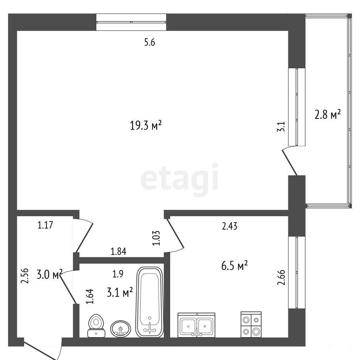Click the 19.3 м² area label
pyautogui.click(x=146, y=125)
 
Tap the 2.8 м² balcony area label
pyautogui.click(x=327, y=114)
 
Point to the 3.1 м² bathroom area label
pyautogui.click(x=120, y=292)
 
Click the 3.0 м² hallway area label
pyautogui.click(x=50, y=274)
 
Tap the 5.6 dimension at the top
pyautogui.click(x=150, y=43)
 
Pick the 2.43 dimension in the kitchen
pyautogui.click(x=230, y=226)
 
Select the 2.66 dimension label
pyautogui.click(x=282, y=277)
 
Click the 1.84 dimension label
pyautogui.click(x=118, y=252)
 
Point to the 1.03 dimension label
pyautogui.click(x=156, y=238)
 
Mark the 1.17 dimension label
pyautogui.click(x=45, y=225)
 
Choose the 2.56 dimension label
pyautogui.click(x=25, y=276)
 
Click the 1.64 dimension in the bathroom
pyautogui.click(x=90, y=296)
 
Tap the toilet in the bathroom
pyautogui.click(x=96, y=326)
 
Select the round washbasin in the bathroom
pyautogui.click(x=121, y=329)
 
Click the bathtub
pyautogui.click(x=150, y=302)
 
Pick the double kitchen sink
pyautogui.click(x=196, y=325)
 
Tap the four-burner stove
pyautogui.click(x=251, y=324)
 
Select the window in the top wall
pyautogui.click(x=131, y=22)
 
